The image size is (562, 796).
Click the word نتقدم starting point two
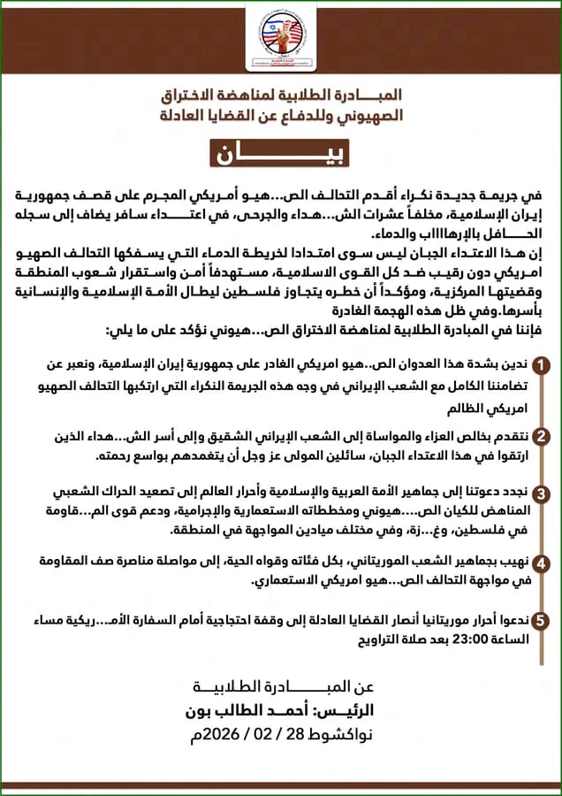click(x=511, y=436)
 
